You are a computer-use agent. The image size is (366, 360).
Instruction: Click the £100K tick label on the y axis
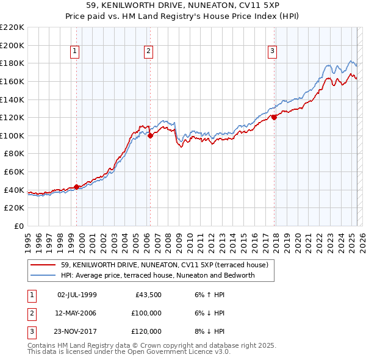[12, 135]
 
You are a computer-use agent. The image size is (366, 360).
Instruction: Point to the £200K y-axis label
[12, 45]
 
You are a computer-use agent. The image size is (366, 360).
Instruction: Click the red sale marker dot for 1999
[76, 187]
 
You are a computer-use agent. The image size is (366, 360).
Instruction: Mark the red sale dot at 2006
[150, 135]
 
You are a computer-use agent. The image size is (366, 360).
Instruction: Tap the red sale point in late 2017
[274, 117]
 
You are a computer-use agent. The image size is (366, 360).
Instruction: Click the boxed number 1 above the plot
[74, 51]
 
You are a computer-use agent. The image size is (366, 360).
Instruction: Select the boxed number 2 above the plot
[148, 51]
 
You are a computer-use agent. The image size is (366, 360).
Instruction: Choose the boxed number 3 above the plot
[272, 51]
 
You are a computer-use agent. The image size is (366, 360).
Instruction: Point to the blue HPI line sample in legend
[43, 275]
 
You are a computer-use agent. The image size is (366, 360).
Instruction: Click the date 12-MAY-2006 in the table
[77, 313]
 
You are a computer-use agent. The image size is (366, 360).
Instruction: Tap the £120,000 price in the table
[146, 331]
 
